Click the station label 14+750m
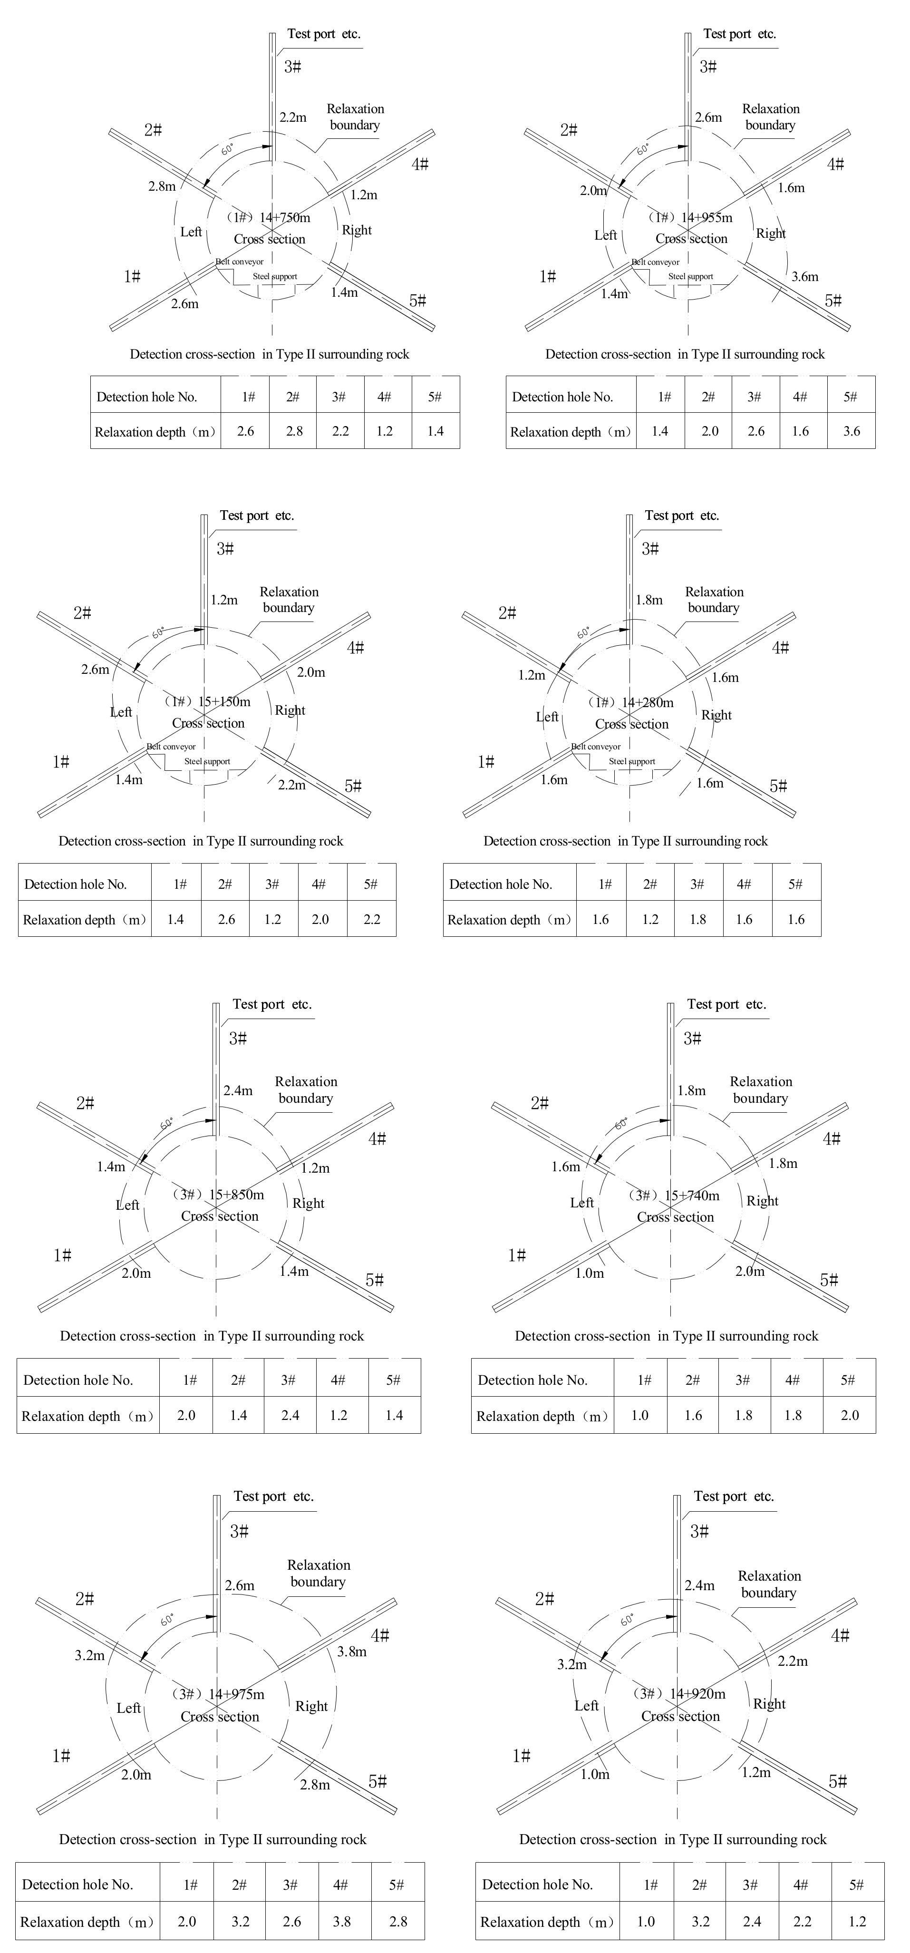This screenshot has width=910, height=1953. (285, 218)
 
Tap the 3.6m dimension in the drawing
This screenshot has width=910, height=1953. (804, 277)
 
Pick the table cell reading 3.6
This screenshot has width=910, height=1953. (851, 431)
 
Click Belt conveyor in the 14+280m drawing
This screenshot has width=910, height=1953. (596, 747)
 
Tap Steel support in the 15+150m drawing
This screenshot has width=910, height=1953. (207, 761)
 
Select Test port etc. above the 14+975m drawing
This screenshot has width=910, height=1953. (273, 1496)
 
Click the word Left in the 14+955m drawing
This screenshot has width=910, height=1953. (605, 235)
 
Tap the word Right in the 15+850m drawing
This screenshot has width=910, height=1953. (309, 1203)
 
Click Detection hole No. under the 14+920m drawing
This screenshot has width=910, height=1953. (537, 1885)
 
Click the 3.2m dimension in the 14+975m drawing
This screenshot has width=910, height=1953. (89, 1656)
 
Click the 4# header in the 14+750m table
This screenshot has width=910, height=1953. (384, 397)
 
